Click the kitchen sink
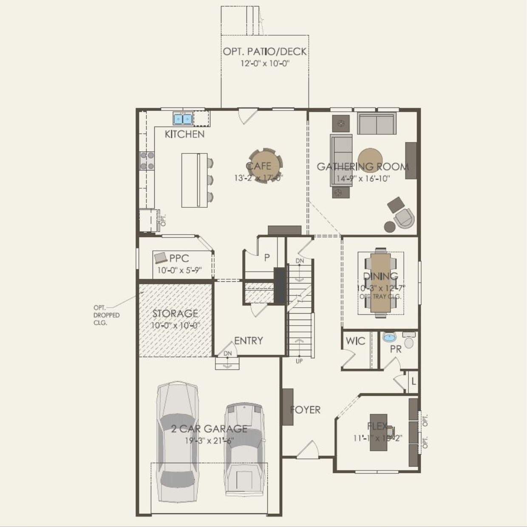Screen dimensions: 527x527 [183, 118]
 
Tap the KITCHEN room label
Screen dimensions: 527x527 [184, 134]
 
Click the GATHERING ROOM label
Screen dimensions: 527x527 [363, 167]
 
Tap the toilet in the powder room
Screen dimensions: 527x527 [408, 342]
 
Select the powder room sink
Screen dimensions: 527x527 [389, 337]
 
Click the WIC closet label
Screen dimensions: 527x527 [355, 341]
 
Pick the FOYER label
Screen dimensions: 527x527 [305, 410]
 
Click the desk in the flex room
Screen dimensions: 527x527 [378, 432]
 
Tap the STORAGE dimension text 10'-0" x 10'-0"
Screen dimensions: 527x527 [175, 326]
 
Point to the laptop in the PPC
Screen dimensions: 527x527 [161, 258]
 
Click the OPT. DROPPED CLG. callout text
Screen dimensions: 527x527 [106, 315]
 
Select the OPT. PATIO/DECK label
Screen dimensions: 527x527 [265, 51]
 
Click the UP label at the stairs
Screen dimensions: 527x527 [299, 361]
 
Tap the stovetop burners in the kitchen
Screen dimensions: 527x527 [147, 161]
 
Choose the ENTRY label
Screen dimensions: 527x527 [249, 340]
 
